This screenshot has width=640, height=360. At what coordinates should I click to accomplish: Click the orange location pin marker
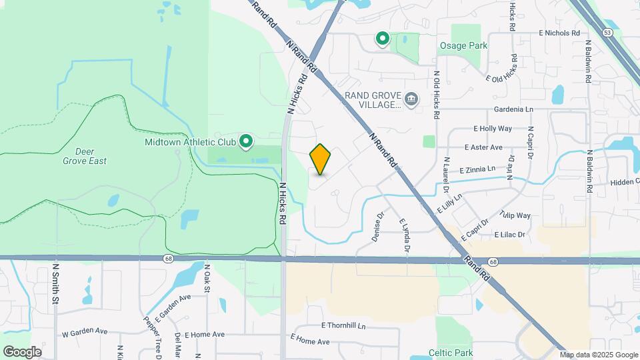point(321,159)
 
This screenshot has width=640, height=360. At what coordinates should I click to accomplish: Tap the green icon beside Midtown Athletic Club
point(246,141)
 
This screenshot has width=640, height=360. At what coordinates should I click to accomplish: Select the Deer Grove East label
point(85,156)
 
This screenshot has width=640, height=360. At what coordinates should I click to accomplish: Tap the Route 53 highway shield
point(607,32)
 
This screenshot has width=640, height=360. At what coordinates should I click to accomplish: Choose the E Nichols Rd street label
point(559,33)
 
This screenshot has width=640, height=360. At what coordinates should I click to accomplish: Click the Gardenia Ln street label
point(513,109)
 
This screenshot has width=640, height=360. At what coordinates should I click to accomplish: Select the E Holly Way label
point(493,128)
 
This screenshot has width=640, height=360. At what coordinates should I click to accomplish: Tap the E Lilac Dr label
point(510,235)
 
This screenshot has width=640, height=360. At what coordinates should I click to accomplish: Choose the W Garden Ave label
point(85,331)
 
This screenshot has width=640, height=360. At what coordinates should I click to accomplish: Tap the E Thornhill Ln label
point(344,325)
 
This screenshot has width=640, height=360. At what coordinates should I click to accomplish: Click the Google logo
point(22,352)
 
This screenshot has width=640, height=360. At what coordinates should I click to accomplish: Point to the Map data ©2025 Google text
point(598,355)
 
